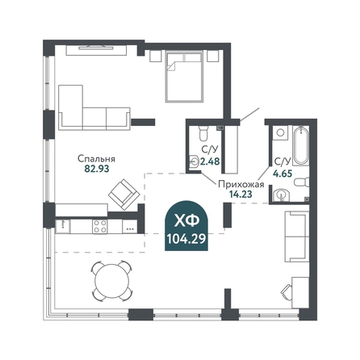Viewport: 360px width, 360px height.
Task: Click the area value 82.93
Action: coord(97,169)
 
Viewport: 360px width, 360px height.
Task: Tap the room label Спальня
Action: coord(96,159)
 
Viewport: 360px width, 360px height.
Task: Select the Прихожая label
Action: coord(241,184)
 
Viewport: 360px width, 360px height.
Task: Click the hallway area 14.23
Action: coord(241,194)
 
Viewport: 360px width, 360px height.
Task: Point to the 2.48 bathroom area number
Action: coord(210,161)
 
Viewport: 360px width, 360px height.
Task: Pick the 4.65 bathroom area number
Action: coord(283,174)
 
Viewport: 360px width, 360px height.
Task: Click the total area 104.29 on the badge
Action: coord(186,238)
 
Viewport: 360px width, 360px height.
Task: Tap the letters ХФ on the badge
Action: coord(186,221)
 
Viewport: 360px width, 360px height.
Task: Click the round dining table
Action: coord(112,281)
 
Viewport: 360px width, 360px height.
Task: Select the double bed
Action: coord(184,77)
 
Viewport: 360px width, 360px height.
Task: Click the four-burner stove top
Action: coord(100,226)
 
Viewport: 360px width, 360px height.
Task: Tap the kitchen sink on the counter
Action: coord(63,226)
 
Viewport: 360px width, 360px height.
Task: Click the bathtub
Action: coord(300,146)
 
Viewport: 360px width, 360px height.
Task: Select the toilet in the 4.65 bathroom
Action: coord(302,182)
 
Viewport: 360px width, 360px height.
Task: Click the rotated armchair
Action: coord(124,195)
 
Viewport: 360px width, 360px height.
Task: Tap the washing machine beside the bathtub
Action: coord(280,132)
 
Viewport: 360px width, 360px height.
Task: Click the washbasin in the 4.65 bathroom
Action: coord(281,195)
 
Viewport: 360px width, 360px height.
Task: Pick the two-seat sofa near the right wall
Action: coord(297,237)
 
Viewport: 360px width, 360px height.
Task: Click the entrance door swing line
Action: coord(249,115)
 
